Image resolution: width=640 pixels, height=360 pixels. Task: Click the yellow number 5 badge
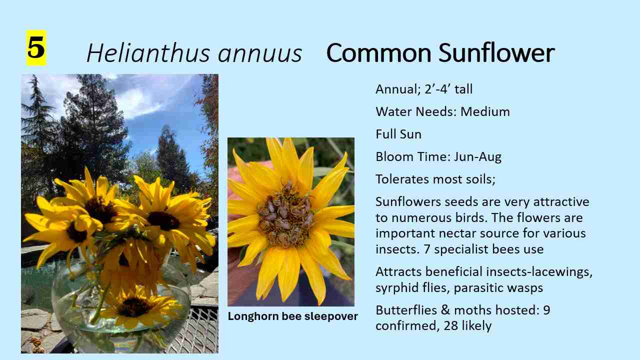(x=36, y=48)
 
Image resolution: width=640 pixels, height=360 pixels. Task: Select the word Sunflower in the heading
(x=496, y=53)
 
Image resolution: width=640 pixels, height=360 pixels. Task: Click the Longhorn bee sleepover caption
(x=292, y=316)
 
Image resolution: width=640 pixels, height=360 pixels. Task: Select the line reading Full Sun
(x=398, y=134)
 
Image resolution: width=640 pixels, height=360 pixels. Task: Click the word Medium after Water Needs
(x=485, y=111)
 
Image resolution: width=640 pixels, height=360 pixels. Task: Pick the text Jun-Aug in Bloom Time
(x=477, y=156)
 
